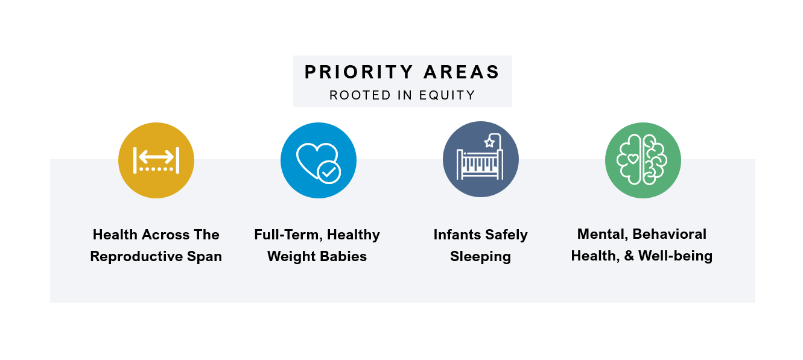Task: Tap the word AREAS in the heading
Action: click(x=462, y=72)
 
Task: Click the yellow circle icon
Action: click(x=156, y=160)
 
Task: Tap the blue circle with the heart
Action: click(x=318, y=160)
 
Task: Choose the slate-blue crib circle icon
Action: click(x=480, y=160)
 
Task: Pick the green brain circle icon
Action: click(x=643, y=160)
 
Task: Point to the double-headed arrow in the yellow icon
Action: click(x=156, y=156)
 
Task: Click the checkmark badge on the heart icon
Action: click(x=329, y=172)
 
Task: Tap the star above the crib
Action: click(x=489, y=143)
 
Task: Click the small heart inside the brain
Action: click(x=632, y=159)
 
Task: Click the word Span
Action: click(x=207, y=256)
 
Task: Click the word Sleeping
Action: click(x=480, y=256)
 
